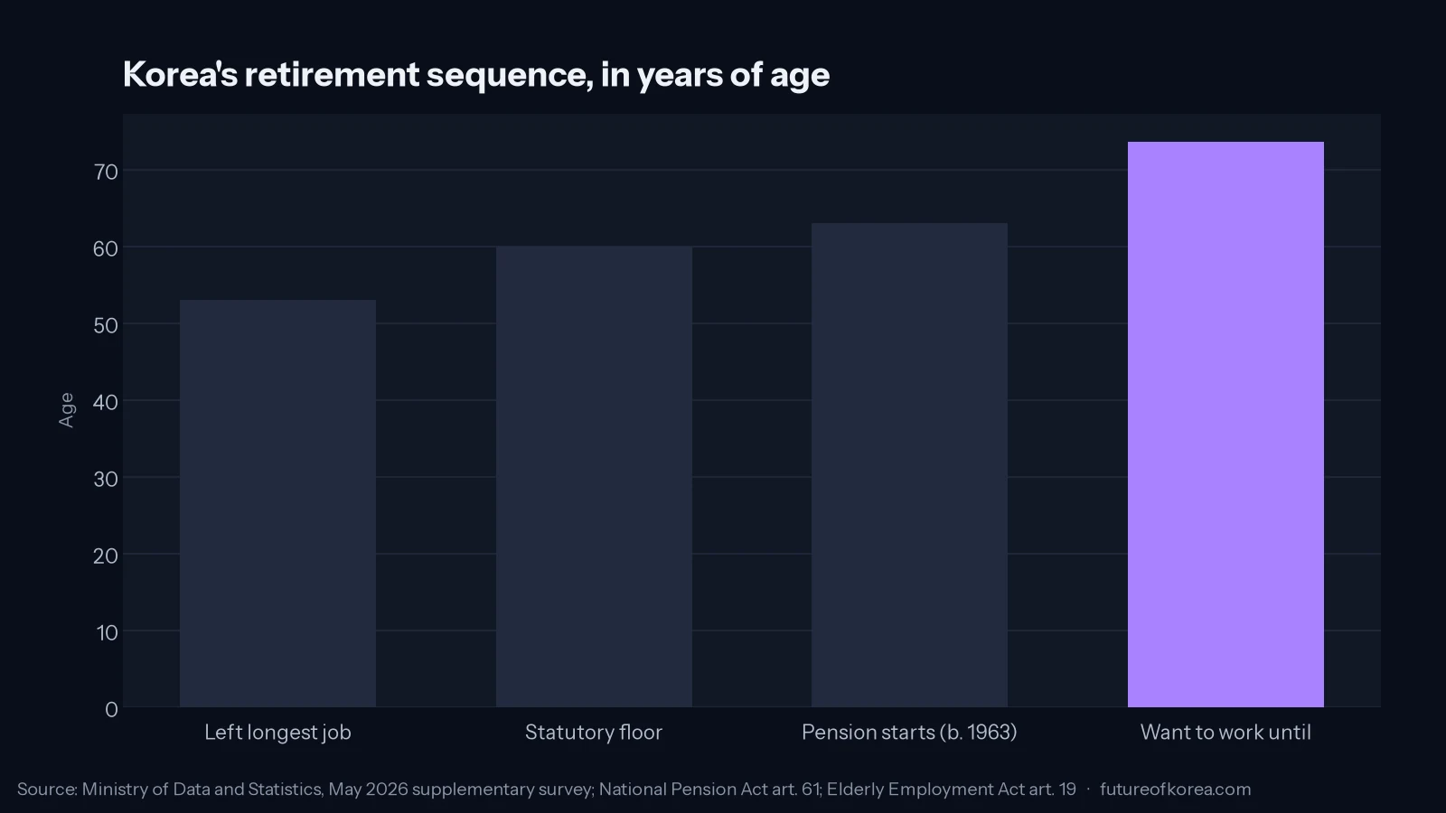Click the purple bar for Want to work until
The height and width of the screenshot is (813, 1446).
click(1225, 425)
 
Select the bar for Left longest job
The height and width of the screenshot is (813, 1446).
click(277, 503)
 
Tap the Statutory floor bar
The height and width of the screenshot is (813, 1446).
click(594, 477)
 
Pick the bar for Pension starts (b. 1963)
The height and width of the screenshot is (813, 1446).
click(909, 465)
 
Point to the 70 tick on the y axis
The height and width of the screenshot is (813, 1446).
click(106, 172)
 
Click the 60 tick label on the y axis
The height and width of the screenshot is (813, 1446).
click(106, 248)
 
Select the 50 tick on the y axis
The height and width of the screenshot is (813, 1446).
click(106, 325)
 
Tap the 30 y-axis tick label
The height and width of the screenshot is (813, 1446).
click(106, 479)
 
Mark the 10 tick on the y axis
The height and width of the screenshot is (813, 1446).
click(108, 632)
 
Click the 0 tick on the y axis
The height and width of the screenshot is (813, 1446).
click(112, 710)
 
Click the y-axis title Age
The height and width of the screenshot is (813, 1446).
click(67, 410)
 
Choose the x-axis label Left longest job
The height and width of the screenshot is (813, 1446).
click(277, 733)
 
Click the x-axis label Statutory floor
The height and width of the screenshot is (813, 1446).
click(594, 733)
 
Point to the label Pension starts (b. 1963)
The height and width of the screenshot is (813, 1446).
click(909, 733)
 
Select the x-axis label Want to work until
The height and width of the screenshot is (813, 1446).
click(1225, 733)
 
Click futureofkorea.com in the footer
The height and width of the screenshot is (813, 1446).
click(1176, 790)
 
